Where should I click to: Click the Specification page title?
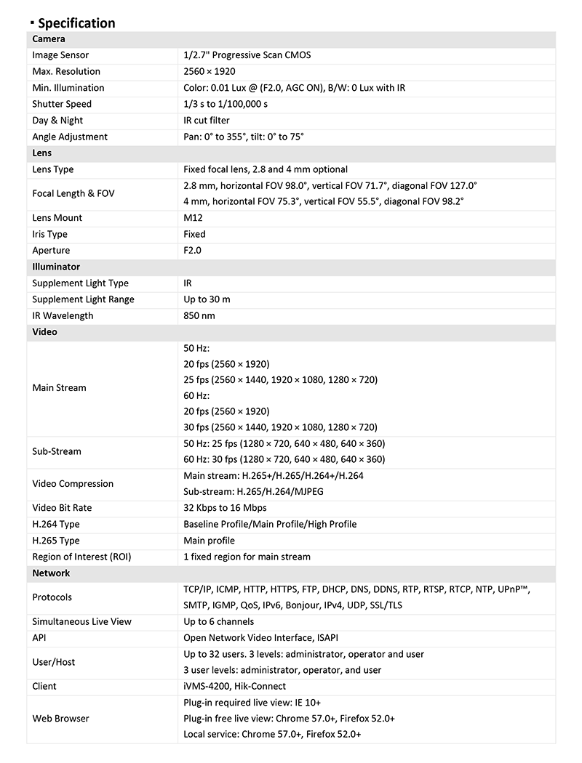tap(76, 23)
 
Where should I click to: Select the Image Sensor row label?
tap(60, 55)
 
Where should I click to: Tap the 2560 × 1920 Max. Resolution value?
tap(210, 71)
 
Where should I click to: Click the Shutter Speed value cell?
tap(226, 104)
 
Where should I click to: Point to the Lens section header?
tap(42, 153)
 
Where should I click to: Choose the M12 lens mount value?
tap(194, 218)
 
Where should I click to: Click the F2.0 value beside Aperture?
tap(193, 250)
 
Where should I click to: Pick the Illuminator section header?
tap(56, 267)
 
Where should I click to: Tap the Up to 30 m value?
tap(207, 299)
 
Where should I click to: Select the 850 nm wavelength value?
tap(199, 315)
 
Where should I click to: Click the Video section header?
tap(44, 332)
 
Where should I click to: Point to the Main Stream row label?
tap(59, 388)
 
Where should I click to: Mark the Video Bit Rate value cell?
tap(225, 508)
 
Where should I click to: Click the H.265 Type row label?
tap(56, 541)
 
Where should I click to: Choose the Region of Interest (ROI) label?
tap(81, 557)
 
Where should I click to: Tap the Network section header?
tap(51, 573)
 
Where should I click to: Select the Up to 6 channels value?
tap(219, 621)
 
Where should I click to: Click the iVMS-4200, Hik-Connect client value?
tap(235, 686)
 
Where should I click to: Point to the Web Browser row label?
tap(60, 719)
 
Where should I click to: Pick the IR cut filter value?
tap(207, 121)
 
